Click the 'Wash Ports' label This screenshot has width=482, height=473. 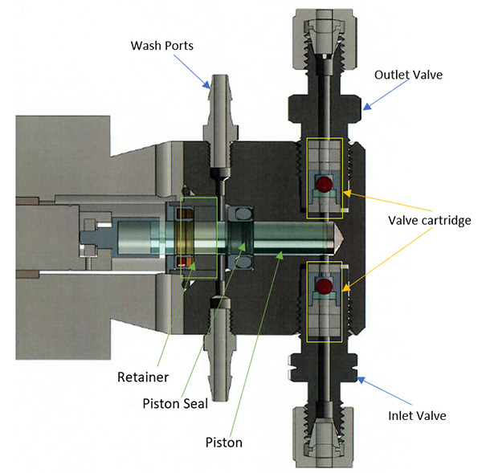point(164,44)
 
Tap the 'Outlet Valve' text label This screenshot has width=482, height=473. point(408,74)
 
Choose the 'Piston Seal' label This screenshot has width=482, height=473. point(174,403)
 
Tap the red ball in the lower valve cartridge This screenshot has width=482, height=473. point(324,287)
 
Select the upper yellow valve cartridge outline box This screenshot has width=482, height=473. point(325,178)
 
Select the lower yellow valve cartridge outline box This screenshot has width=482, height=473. point(325,300)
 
